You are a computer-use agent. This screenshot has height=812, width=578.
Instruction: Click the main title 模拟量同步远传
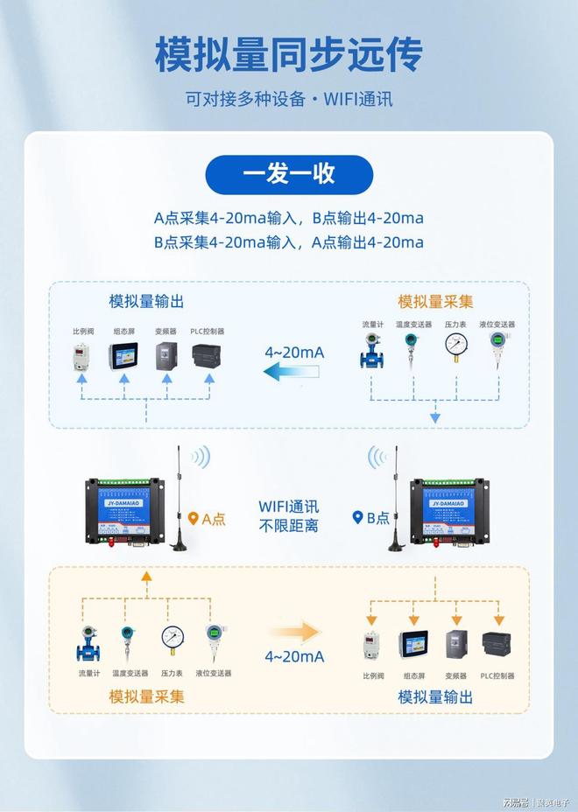[x=289, y=54]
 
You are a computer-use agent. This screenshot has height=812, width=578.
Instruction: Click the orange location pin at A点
[x=194, y=518]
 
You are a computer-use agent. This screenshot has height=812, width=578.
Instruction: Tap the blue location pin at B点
[x=357, y=518]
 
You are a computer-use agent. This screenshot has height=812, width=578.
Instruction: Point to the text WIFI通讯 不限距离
[x=289, y=516]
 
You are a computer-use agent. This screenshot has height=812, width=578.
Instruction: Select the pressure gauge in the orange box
[x=172, y=640]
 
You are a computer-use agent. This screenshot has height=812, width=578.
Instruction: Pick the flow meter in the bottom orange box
[x=88, y=643]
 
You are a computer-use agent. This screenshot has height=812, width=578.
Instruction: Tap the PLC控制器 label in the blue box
[x=208, y=332]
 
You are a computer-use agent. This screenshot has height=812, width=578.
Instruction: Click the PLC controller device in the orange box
[x=497, y=645]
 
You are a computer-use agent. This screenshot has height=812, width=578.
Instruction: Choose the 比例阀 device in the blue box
[x=82, y=357]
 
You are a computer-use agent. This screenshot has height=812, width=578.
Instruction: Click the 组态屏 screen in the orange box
[x=413, y=645]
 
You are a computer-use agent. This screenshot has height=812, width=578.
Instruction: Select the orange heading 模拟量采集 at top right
[x=435, y=302]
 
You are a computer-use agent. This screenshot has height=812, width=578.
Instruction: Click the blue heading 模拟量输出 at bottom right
[x=435, y=696]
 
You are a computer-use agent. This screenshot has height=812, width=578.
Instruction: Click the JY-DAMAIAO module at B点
[x=448, y=512]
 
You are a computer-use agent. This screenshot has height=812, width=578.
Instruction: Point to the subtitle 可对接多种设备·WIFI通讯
[x=289, y=98]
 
